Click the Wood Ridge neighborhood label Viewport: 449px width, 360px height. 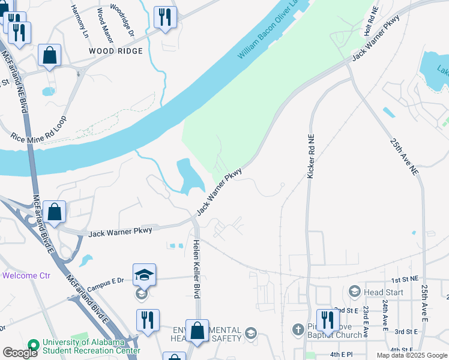(116, 51)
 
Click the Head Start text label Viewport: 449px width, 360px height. (382, 292)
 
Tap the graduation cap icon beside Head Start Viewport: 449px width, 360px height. (354, 292)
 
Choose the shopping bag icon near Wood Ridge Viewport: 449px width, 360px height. (49, 55)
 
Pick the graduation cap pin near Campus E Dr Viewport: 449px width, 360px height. (144, 275)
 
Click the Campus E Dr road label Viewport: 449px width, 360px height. (104, 280)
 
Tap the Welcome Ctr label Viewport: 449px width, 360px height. (26, 276)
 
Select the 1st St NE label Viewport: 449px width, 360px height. (405, 280)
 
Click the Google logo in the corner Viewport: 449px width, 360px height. (20, 353)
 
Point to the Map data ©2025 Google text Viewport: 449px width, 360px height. (412, 355)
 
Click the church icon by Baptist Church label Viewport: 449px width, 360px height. (298, 330)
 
